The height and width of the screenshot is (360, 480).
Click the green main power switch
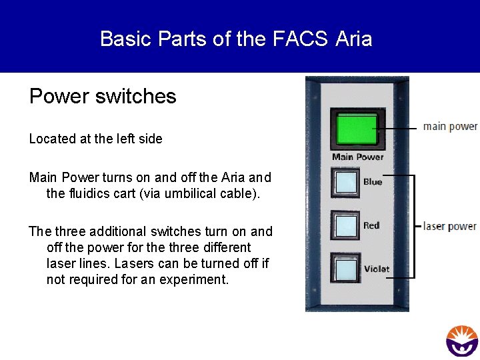point(357,129)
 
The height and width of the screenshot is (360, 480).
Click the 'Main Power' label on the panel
point(358,157)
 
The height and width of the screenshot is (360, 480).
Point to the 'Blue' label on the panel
point(373,182)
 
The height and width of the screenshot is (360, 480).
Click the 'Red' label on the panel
point(371,225)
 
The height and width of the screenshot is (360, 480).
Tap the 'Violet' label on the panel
point(377,269)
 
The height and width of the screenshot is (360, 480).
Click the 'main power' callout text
point(450,126)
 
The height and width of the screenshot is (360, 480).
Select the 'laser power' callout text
point(450,226)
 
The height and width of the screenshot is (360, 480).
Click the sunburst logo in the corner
point(461,341)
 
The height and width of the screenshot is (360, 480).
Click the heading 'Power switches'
point(103,97)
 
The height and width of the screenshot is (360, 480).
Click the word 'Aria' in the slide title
point(354,39)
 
